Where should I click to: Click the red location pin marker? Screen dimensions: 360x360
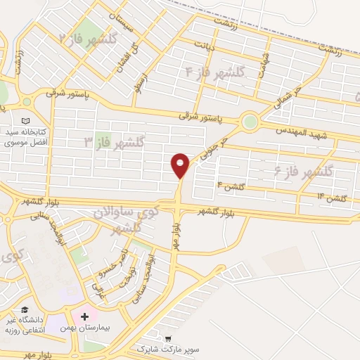[181, 165]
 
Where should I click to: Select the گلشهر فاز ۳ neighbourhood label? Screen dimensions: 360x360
[113, 143]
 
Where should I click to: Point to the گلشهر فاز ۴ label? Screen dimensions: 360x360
[214, 72]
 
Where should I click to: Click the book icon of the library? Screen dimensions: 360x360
[27, 121]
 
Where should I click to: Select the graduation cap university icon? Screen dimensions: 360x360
[25, 310]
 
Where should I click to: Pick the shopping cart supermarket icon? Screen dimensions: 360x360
[167, 338]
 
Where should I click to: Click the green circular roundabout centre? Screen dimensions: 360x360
[249, 122]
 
